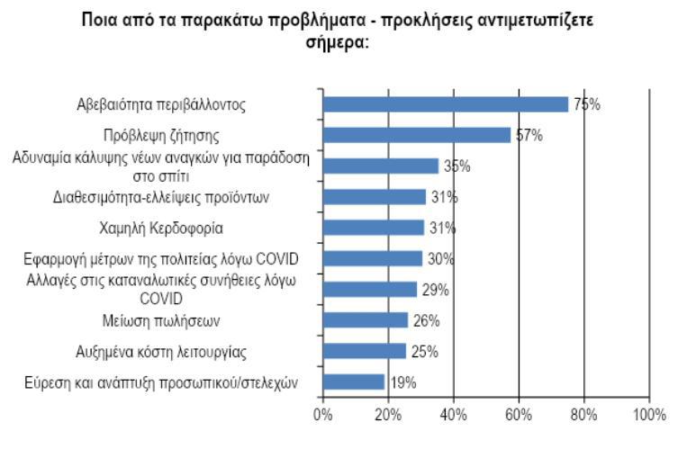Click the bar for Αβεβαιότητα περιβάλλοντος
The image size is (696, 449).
coord(445,104)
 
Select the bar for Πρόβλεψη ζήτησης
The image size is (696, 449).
coord(416,135)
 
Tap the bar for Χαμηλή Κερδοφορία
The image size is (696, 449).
coord(373,228)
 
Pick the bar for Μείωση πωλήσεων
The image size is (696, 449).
coord(365,320)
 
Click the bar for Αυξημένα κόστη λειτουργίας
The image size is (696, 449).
coord(364,351)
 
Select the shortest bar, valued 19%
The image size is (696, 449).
coord(354,382)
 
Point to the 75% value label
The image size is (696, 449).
coord(587,104)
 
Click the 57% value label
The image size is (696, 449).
coord(528,136)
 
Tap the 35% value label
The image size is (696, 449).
coord(456,166)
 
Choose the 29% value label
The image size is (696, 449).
coord(436,290)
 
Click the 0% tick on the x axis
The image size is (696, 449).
coord(322,415)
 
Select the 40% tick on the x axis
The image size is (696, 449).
coord(453,415)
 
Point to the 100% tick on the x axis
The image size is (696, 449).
coord(648,415)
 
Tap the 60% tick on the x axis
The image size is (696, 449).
coord(519,415)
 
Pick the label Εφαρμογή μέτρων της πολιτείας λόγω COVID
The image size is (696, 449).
coord(161,259)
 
